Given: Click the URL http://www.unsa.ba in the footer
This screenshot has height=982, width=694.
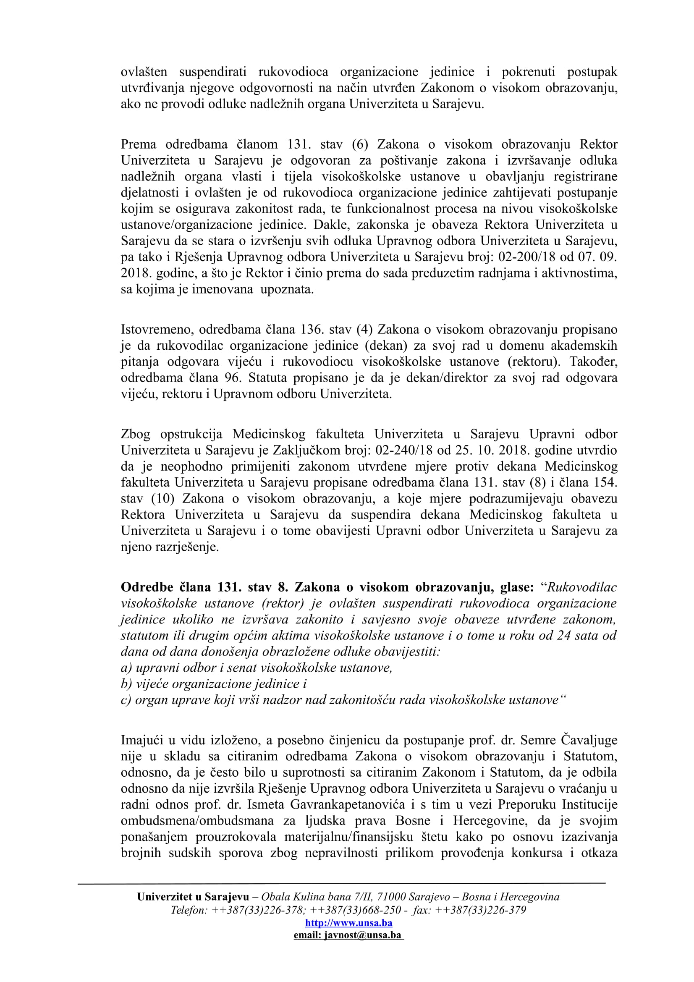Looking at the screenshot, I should coord(348,922).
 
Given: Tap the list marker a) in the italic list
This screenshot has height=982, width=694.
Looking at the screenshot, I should coord(126,668).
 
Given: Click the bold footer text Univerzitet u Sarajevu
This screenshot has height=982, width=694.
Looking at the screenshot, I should coord(193,897).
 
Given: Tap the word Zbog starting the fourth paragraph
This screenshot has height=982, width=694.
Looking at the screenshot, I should coord(135,434).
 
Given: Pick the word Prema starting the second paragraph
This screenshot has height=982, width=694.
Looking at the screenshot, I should coord(139,144).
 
